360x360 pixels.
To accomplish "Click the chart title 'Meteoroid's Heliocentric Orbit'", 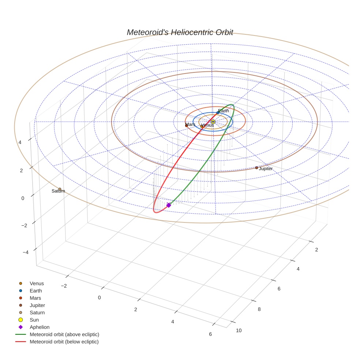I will (x=180, y=32).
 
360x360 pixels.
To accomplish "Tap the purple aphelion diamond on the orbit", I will (x=169, y=205).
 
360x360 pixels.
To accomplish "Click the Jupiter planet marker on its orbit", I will (x=256, y=168).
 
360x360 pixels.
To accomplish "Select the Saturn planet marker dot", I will (x=60, y=189).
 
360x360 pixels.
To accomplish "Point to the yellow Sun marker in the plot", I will (x=213, y=121).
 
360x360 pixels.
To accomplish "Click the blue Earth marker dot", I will (x=218, y=113).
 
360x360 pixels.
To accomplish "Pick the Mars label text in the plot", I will (x=190, y=124).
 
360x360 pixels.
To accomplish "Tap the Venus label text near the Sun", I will (x=207, y=125).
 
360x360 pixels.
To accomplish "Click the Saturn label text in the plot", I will (x=58, y=191).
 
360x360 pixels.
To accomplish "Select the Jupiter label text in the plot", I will (x=266, y=169).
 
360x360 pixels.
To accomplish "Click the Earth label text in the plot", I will (x=224, y=110).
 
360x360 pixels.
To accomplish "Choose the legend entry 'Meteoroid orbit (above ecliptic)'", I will (x=64, y=334).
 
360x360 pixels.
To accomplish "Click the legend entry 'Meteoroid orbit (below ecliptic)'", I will (x=64, y=342).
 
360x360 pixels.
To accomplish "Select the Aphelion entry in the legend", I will (x=40, y=327).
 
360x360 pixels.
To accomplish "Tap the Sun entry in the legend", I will (x=34, y=320).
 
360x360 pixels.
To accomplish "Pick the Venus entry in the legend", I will (x=37, y=284).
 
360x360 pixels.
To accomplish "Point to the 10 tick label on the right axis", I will (x=239, y=331).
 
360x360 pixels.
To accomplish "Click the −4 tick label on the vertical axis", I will (x=26, y=252).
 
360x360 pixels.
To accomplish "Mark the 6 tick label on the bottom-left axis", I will (x=210, y=334).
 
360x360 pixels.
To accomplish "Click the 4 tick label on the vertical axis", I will (x=20, y=142).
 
